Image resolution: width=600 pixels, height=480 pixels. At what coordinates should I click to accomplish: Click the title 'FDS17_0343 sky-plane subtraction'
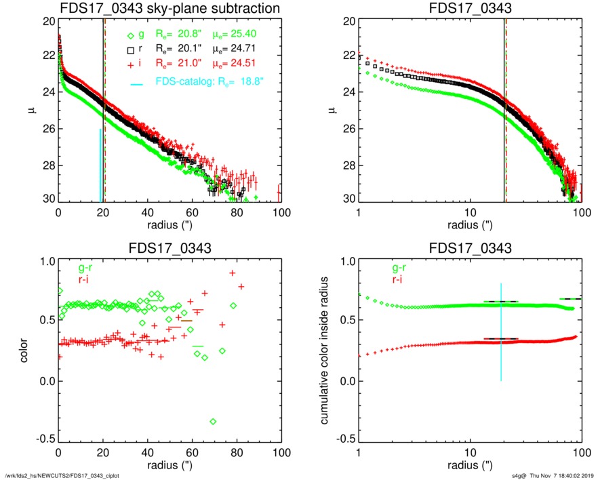[x=169, y=8]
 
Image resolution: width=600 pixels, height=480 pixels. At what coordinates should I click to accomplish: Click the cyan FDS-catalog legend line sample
[x=136, y=83]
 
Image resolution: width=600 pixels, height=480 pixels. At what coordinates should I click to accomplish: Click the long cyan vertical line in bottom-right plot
[x=501, y=332]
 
